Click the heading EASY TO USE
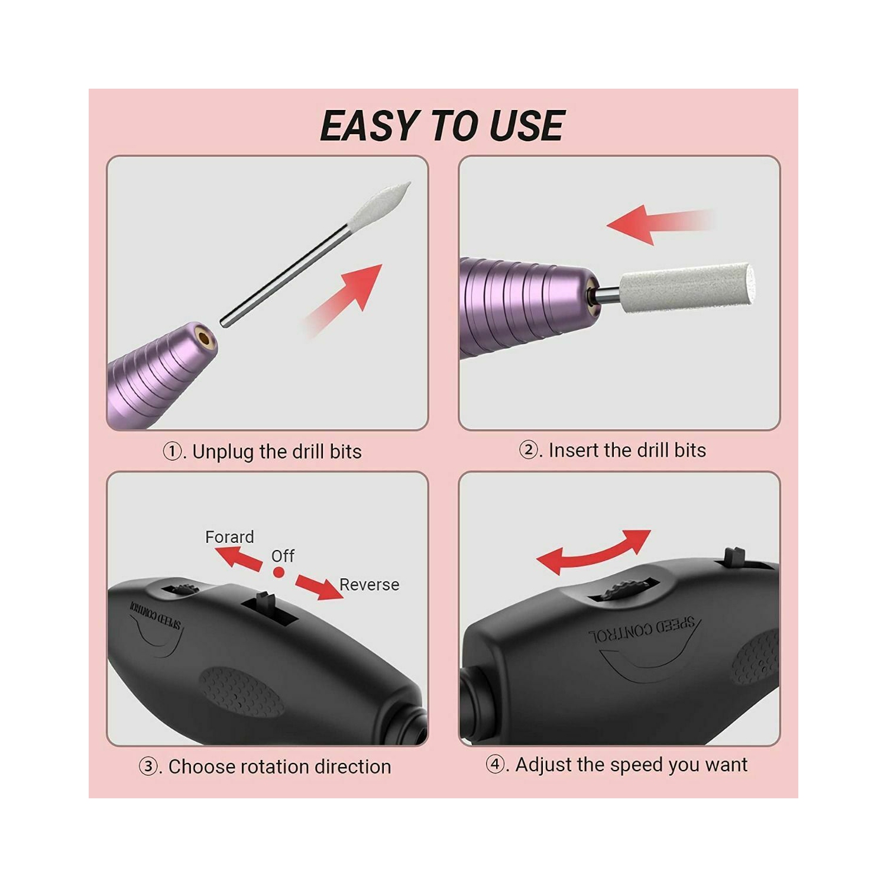click(x=442, y=126)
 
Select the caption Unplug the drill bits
click(x=263, y=452)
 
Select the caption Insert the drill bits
click(x=613, y=451)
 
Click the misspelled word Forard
click(x=229, y=537)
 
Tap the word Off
click(x=283, y=556)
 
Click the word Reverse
click(x=369, y=585)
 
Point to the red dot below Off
click(x=279, y=572)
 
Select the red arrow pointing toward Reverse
click(x=319, y=585)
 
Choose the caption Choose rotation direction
click(x=266, y=767)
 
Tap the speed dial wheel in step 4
click(x=621, y=589)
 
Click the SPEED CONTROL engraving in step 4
click(x=642, y=629)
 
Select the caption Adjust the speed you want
click(x=617, y=765)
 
